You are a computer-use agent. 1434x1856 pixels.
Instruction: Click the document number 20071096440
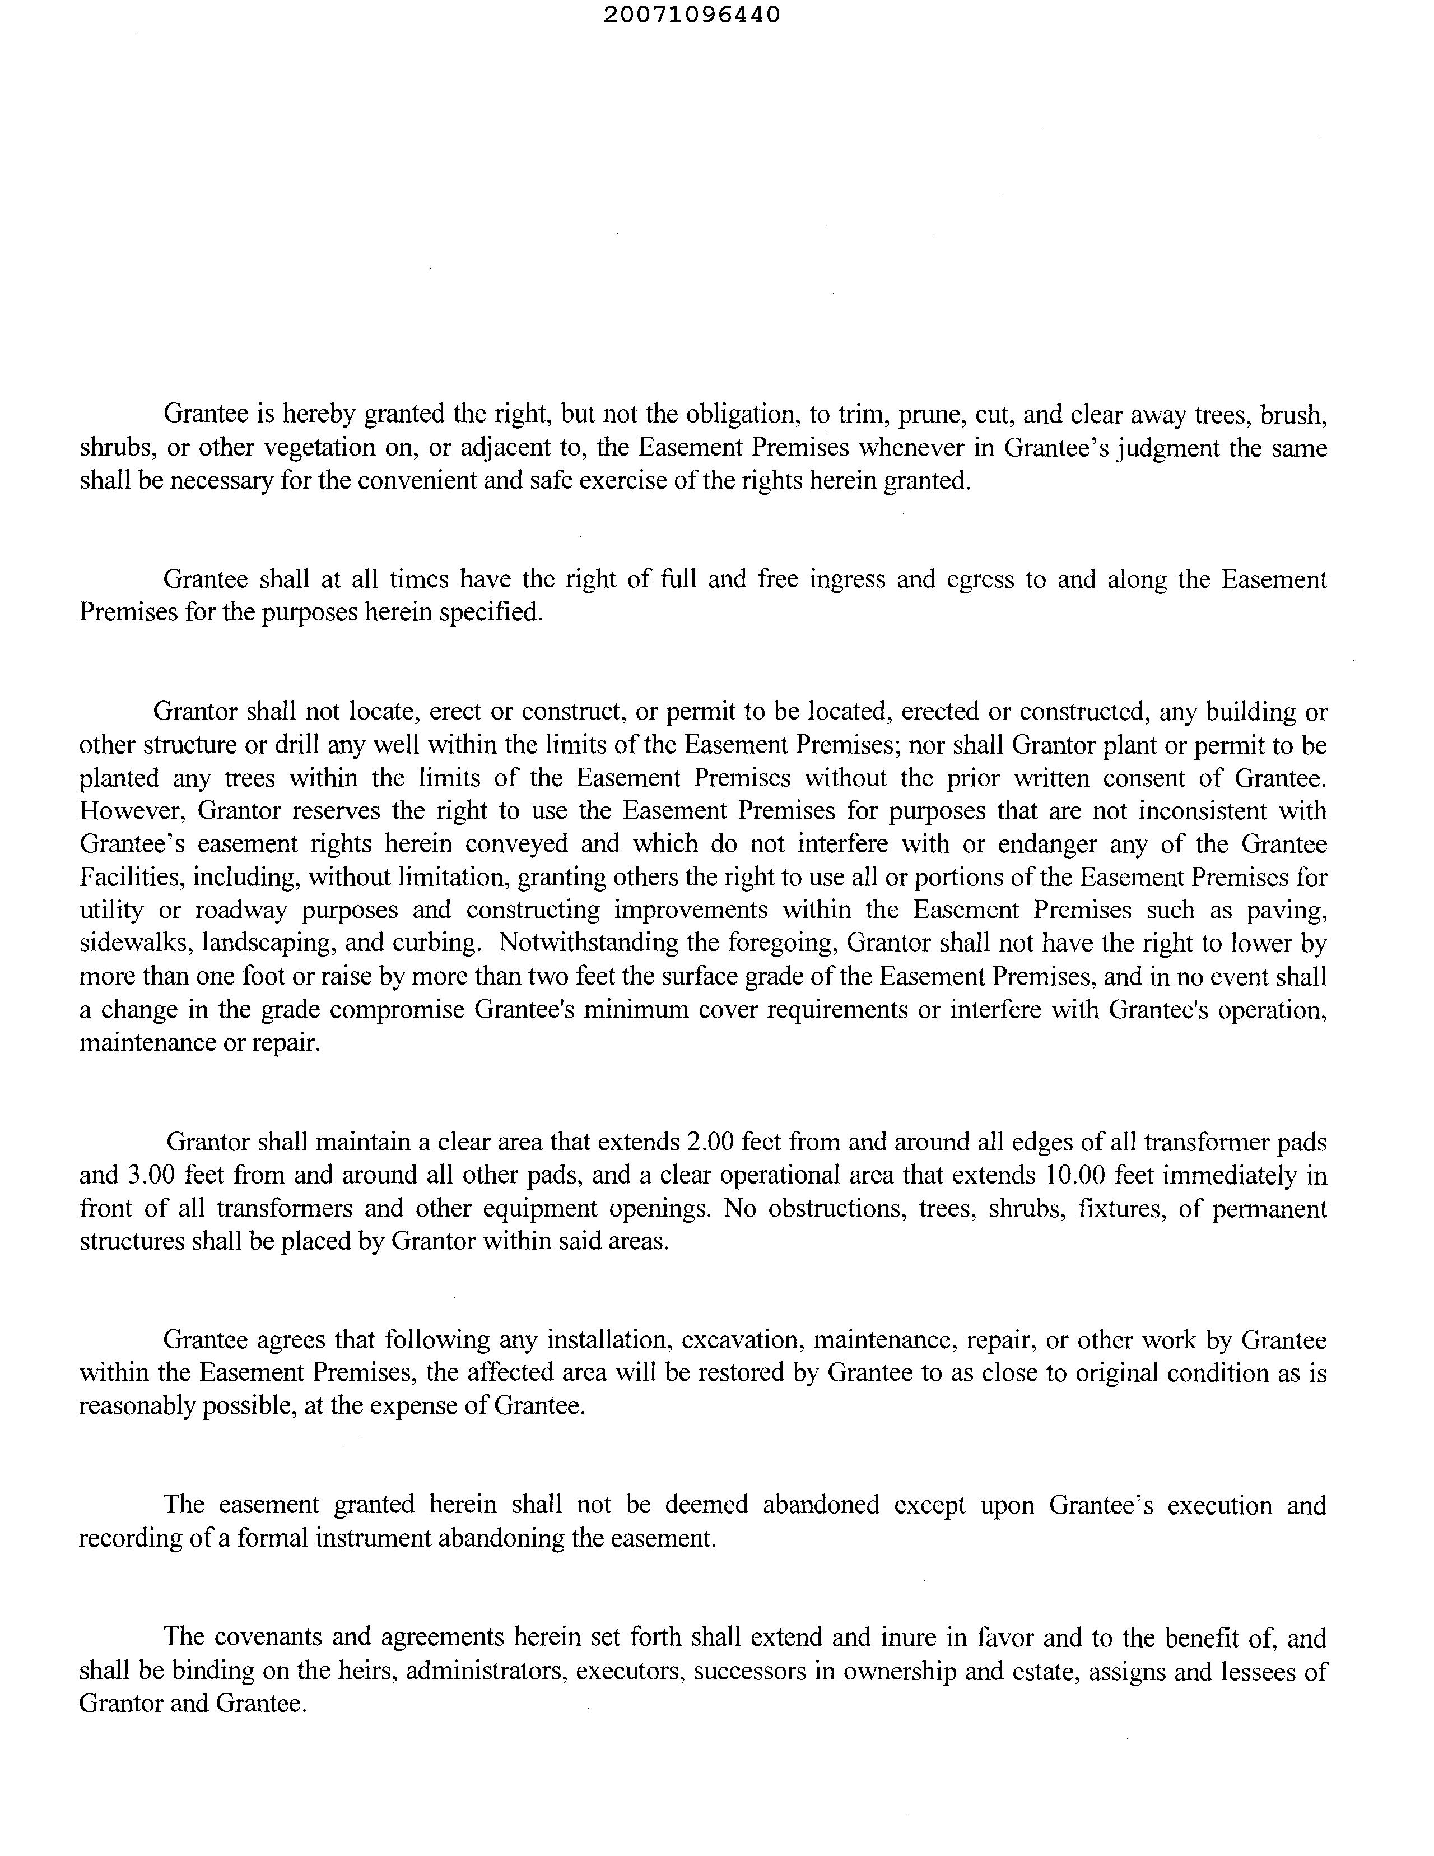[692, 15]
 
